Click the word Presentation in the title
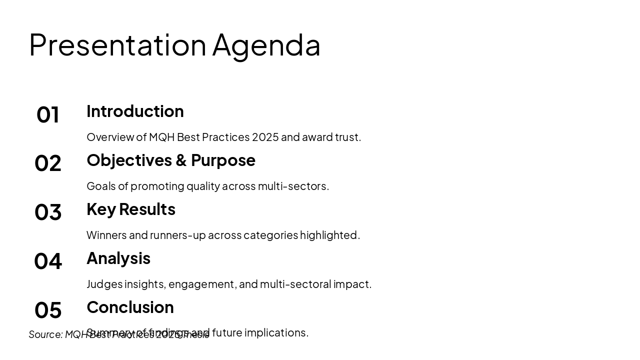[117, 45]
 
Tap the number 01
[48, 114]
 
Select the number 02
[48, 163]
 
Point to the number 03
[48, 212]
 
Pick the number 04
[48, 261]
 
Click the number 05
[48, 310]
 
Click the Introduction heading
[135, 111]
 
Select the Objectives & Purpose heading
[170, 160]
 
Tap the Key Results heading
[131, 209]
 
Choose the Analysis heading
[118, 258]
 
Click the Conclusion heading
[130, 307]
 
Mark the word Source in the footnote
[45, 334]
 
